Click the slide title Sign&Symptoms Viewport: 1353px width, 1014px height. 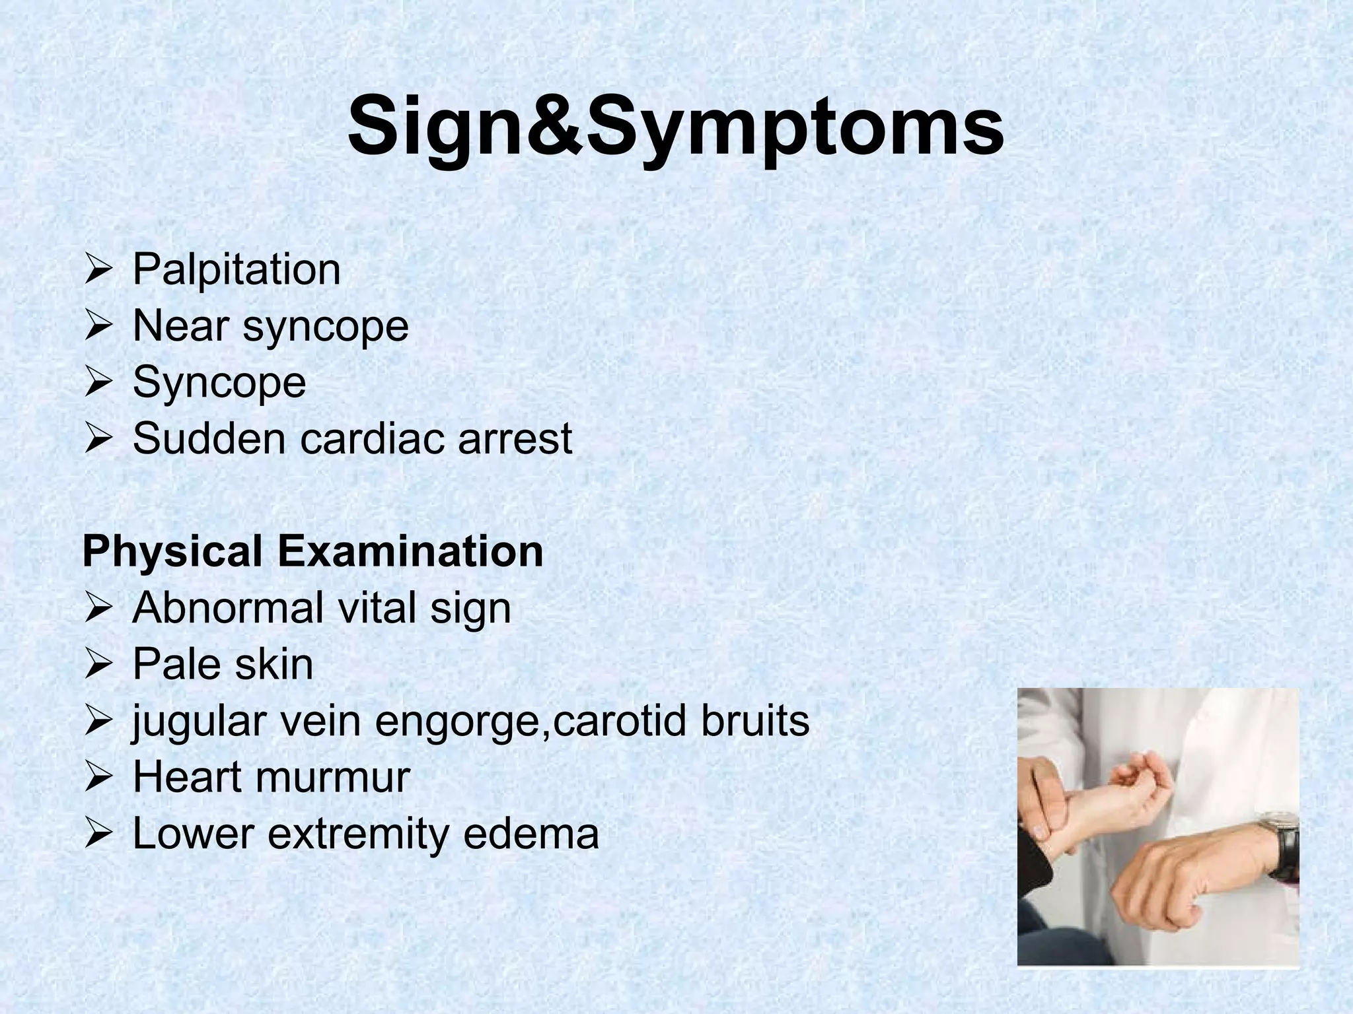tap(675, 125)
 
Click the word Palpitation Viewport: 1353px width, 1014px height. tap(237, 269)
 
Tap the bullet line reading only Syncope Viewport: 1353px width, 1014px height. tap(219, 382)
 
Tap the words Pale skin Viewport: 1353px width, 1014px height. tap(223, 664)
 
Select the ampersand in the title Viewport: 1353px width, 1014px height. tap(545, 125)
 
